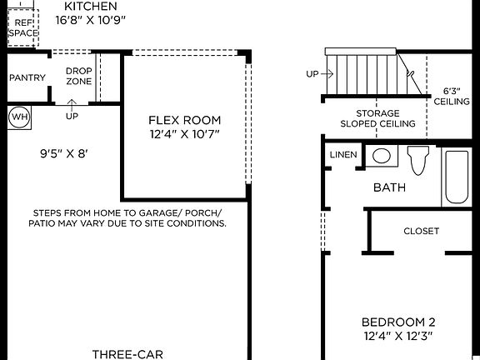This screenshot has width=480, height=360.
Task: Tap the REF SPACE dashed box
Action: pyautogui.click(x=22, y=28)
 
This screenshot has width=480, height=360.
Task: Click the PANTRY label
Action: pyautogui.click(x=27, y=77)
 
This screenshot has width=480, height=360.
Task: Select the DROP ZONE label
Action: pyautogui.click(x=78, y=77)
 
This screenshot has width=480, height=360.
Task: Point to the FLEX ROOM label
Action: pyautogui.click(x=185, y=120)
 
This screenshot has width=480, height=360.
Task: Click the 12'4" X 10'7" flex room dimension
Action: pyautogui.click(x=185, y=134)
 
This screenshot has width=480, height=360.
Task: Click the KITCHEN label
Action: pyautogui.click(x=91, y=6)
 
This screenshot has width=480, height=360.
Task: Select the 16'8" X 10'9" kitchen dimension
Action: pyautogui.click(x=91, y=19)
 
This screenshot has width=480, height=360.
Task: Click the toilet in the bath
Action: pyautogui.click(x=417, y=159)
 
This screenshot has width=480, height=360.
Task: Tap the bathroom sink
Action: pyautogui.click(x=382, y=155)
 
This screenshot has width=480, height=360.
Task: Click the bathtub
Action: pyautogui.click(x=457, y=177)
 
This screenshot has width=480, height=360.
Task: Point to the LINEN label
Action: pyautogui.click(x=343, y=155)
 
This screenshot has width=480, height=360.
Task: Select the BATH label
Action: pyautogui.click(x=389, y=187)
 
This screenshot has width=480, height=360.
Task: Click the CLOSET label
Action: pyautogui.click(x=421, y=231)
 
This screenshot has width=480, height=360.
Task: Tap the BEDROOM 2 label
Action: pyautogui.click(x=397, y=322)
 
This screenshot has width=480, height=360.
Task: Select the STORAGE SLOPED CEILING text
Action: pyautogui.click(x=377, y=118)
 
